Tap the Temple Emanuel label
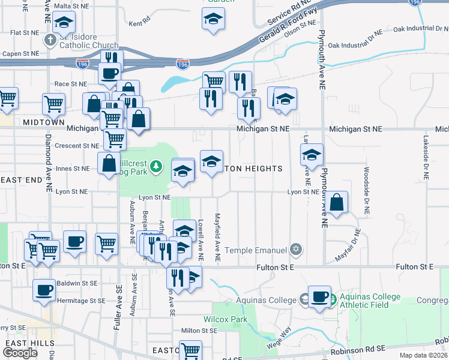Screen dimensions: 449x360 [x=256, y=249]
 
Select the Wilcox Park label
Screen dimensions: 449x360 [x=226, y=320]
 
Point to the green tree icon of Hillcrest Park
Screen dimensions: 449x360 [x=156, y=165]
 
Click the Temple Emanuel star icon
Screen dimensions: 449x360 [x=295, y=248]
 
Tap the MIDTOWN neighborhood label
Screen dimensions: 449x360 [x=43, y=122]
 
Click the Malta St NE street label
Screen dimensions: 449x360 [x=71, y=6]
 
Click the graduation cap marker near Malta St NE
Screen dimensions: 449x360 [x=64, y=22]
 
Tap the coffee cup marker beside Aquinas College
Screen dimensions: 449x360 [x=320, y=296]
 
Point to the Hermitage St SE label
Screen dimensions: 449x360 [x=81, y=301]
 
